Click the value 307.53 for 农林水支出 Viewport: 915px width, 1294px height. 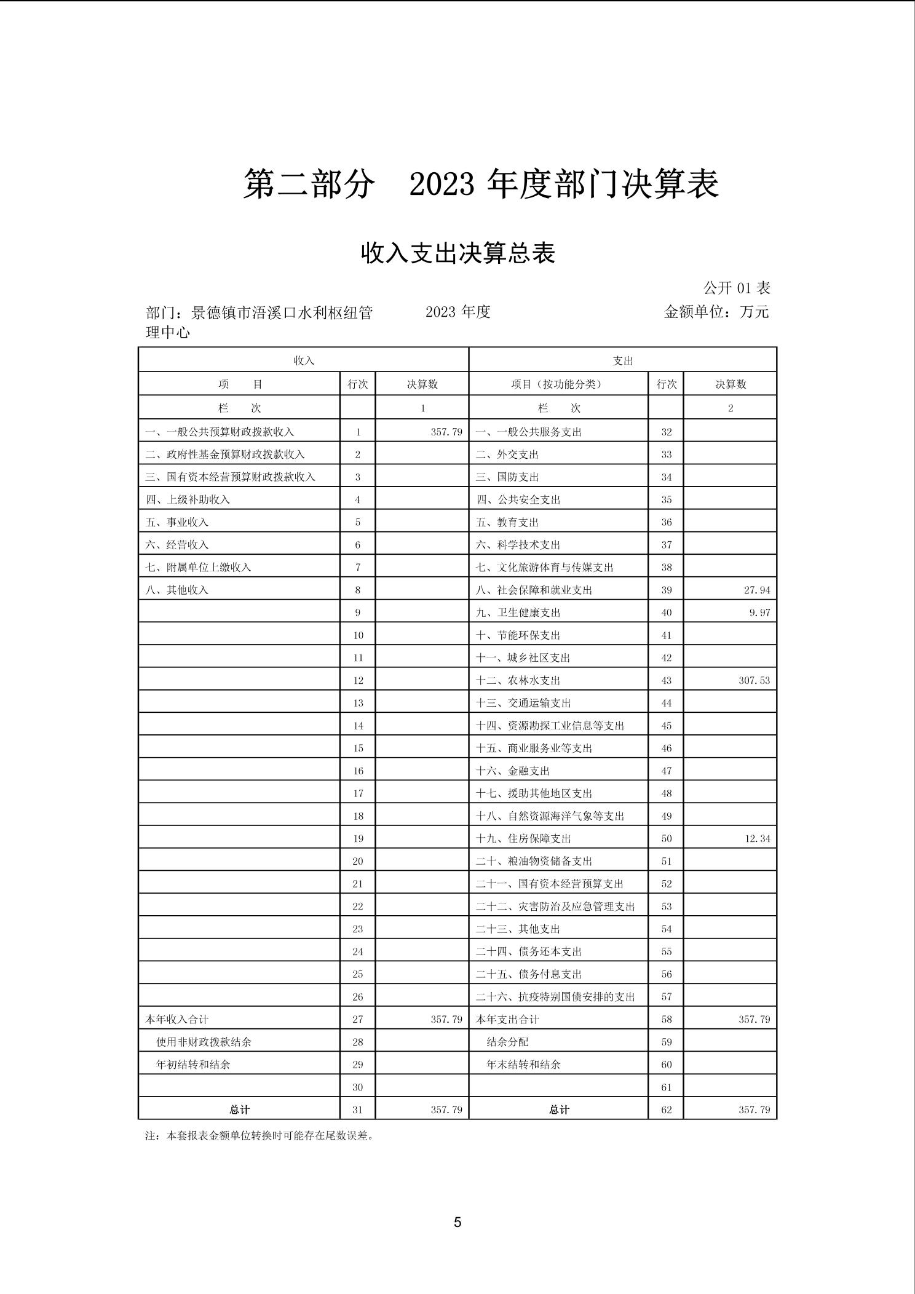pyautogui.click(x=754, y=680)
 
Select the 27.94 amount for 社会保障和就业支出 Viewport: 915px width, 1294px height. pyautogui.click(x=756, y=590)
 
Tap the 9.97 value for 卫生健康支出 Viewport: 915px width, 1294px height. pyautogui.click(x=759, y=613)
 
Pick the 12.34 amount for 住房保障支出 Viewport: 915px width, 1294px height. pyautogui.click(x=757, y=838)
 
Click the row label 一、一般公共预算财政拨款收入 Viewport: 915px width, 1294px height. pyautogui.click(x=220, y=432)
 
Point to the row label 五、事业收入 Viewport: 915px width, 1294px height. pyautogui.click(x=177, y=522)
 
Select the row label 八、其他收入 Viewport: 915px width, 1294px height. pyautogui.click(x=177, y=590)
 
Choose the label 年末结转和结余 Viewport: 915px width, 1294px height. pyautogui.click(x=523, y=1064)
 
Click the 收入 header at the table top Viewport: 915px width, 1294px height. pyautogui.click(x=304, y=360)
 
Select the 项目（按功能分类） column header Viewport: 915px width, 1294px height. pyautogui.click(x=557, y=384)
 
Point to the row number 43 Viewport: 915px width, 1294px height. pyautogui.click(x=667, y=680)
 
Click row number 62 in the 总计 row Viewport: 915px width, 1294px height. pyautogui.click(x=667, y=1109)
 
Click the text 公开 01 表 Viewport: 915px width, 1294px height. pyautogui.click(x=737, y=288)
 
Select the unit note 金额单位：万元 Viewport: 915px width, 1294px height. pyautogui.click(x=716, y=312)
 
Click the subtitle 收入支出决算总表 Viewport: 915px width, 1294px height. pyautogui.click(x=457, y=253)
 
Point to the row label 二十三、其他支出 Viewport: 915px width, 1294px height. pyautogui.click(x=518, y=929)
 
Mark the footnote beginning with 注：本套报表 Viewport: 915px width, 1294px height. pyautogui.click(x=259, y=1135)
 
